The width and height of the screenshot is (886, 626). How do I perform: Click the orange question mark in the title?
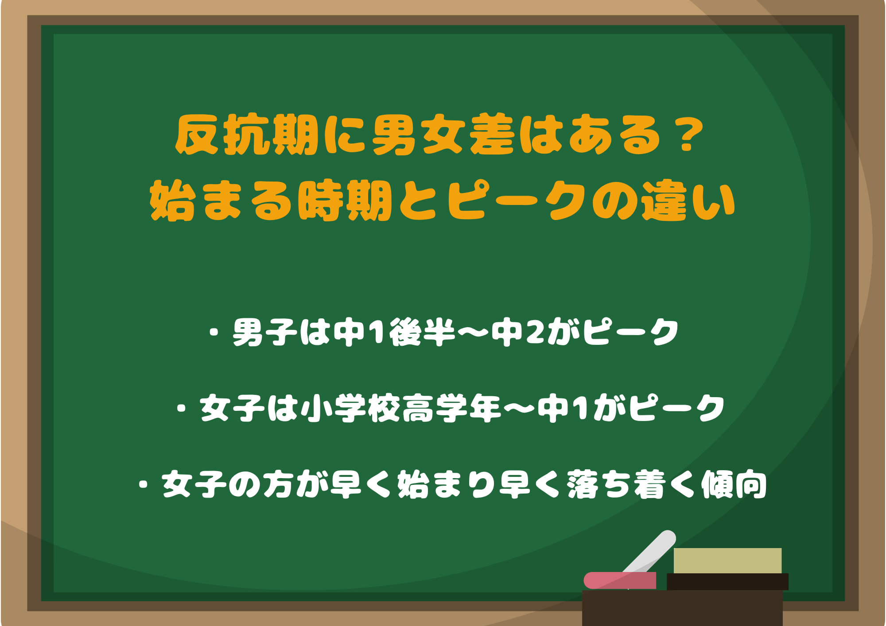pyautogui.click(x=686, y=135)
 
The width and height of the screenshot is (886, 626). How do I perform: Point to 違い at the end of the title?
pyautogui.click(x=689, y=201)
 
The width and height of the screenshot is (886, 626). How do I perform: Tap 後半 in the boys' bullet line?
pyautogui.click(x=423, y=332)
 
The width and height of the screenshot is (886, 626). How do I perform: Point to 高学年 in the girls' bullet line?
pyautogui.click(x=452, y=408)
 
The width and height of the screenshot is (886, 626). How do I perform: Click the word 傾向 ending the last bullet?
pyautogui.click(x=734, y=485)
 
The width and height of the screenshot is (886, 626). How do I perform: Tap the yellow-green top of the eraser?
pyautogui.click(x=727, y=560)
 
